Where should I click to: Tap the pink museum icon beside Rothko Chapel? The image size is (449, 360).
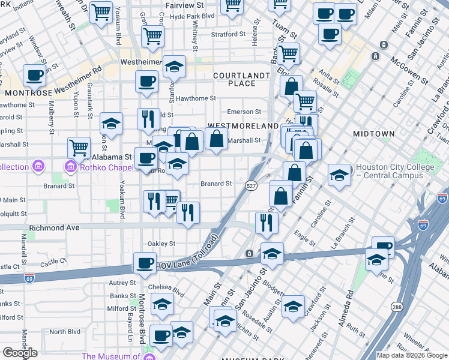point(70,165)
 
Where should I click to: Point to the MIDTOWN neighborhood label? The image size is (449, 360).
point(373,133)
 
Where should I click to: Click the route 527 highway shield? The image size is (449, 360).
point(252,187)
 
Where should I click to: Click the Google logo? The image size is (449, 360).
point(20,353)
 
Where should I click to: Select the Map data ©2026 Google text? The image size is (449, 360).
point(412,355)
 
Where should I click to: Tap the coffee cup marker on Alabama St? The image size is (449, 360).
point(145,158)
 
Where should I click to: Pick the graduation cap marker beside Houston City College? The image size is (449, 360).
point(339,175)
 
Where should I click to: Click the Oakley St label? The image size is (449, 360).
point(162,244)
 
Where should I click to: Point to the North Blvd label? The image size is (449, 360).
point(64,332)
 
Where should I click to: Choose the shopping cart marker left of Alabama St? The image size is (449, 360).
point(79,146)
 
